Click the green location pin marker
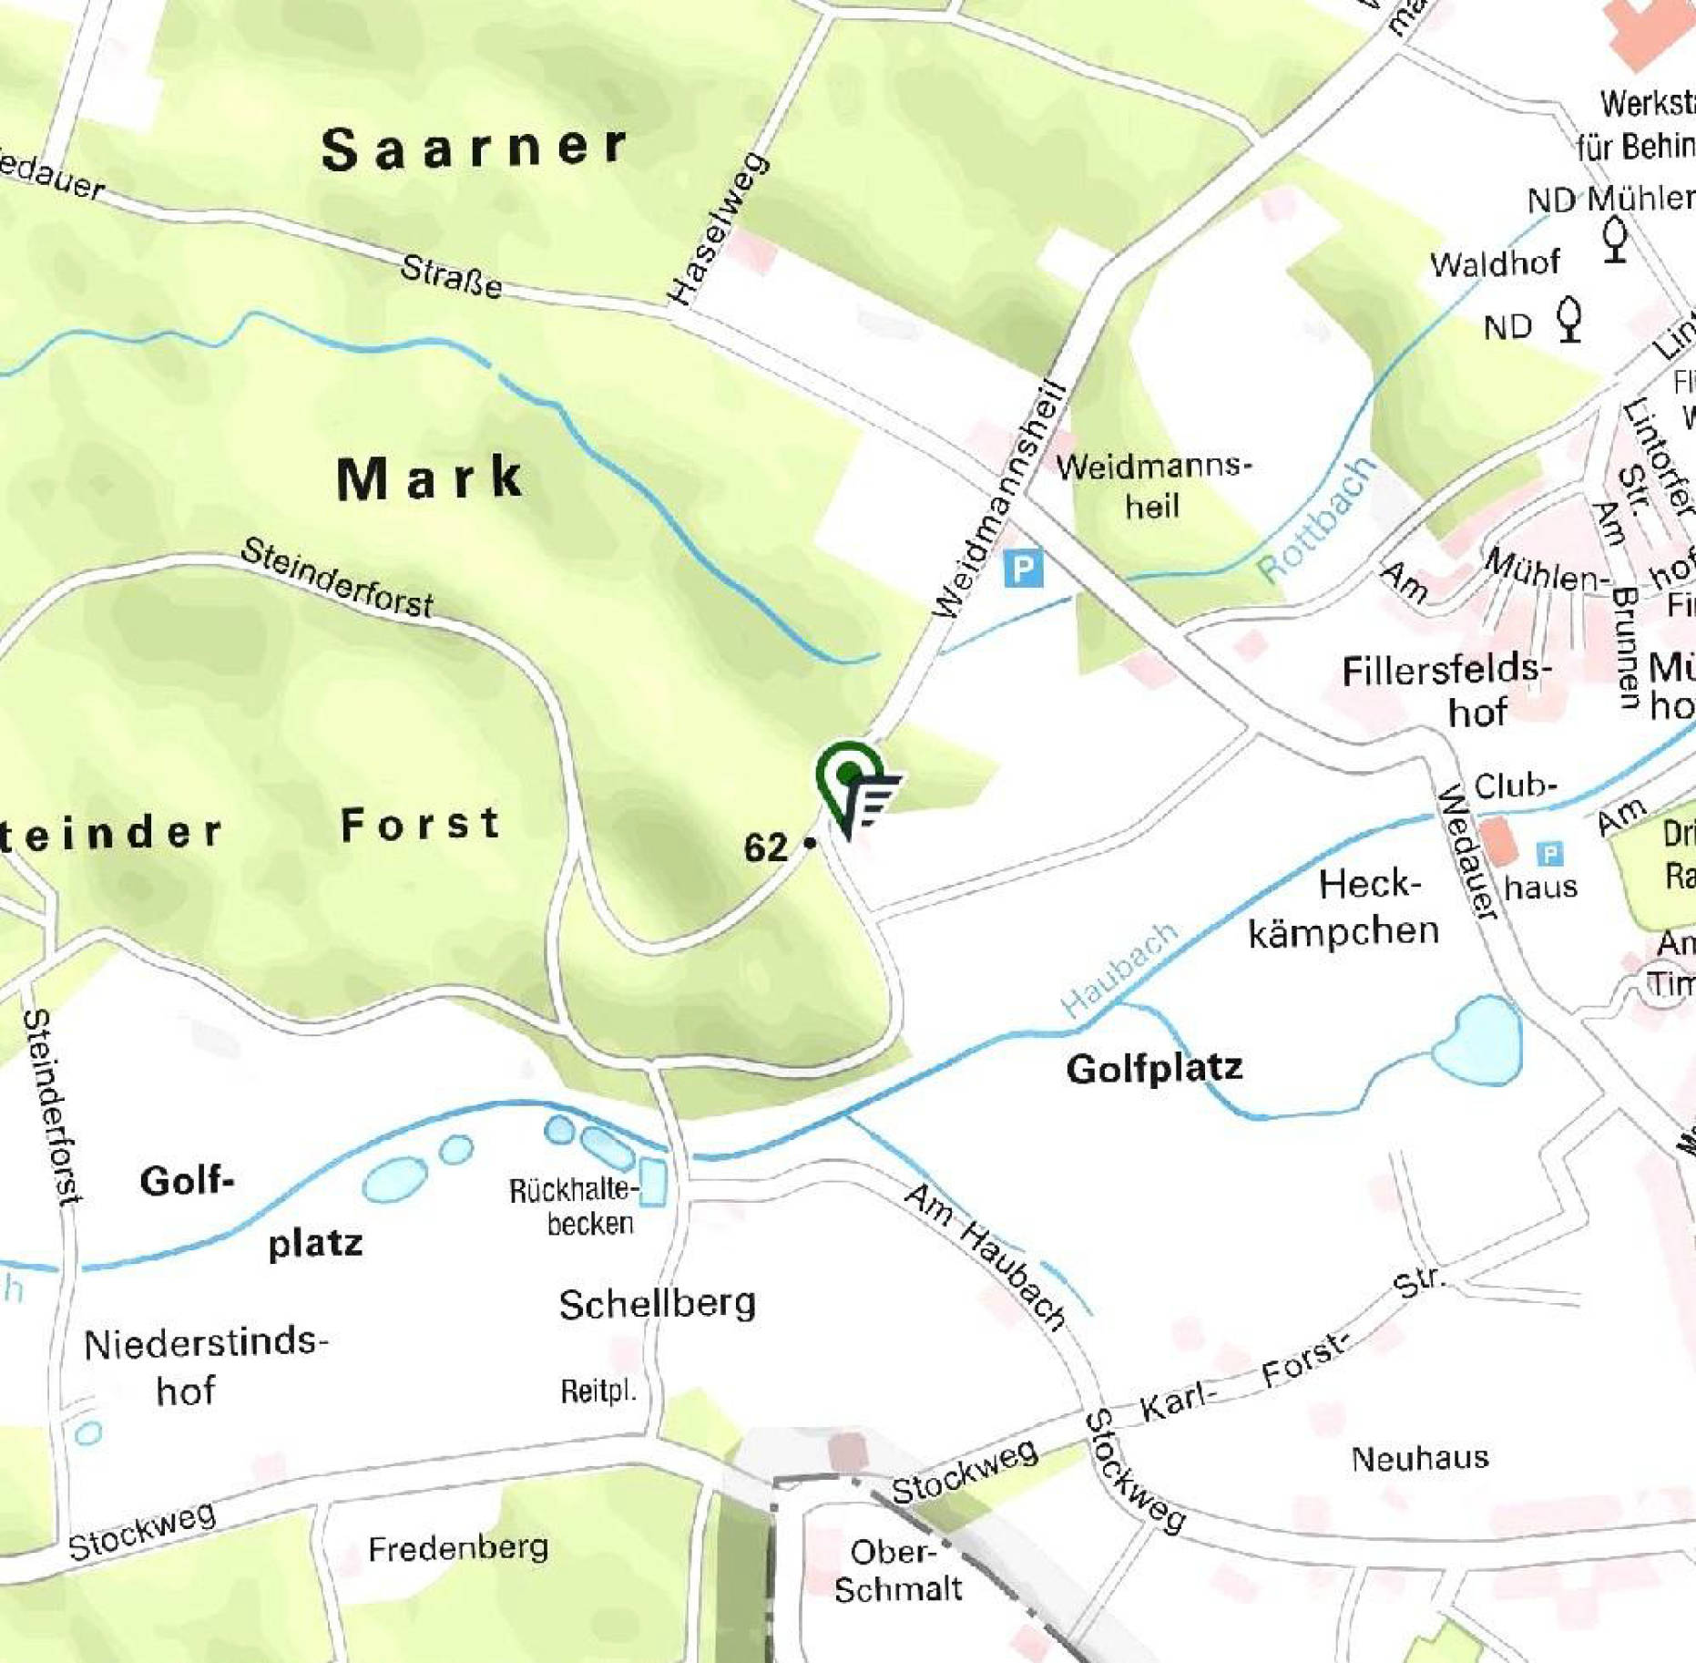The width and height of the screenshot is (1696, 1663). click(849, 777)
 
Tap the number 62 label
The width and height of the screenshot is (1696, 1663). click(766, 848)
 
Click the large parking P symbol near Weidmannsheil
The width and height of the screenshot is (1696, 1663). click(1023, 570)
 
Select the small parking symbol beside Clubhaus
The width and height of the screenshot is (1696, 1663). click(1549, 854)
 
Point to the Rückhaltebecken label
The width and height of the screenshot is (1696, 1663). click(574, 1206)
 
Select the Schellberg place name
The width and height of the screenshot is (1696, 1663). click(657, 1305)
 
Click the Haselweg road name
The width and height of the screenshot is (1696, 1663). click(719, 230)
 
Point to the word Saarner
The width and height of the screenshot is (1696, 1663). click(475, 149)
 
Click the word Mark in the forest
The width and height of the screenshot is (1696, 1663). click(430, 478)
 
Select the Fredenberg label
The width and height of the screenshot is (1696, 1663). click(458, 1548)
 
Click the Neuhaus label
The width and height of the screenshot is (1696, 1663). click(1419, 1459)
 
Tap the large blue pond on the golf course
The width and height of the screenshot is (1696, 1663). click(1476, 1041)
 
